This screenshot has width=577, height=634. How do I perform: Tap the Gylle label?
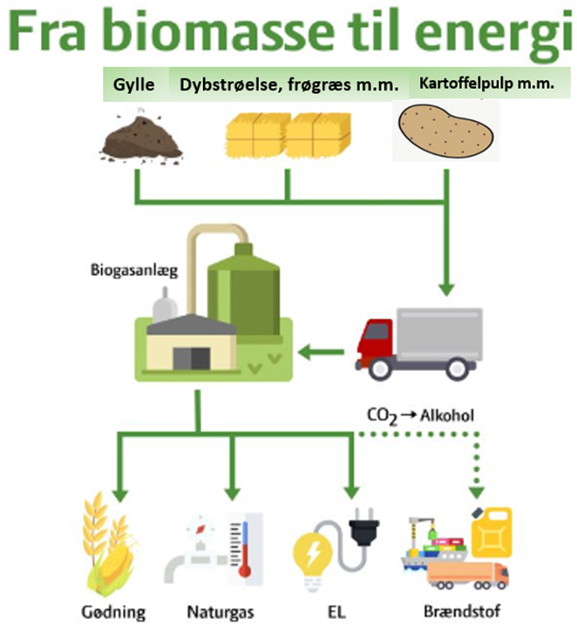click(133, 85)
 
